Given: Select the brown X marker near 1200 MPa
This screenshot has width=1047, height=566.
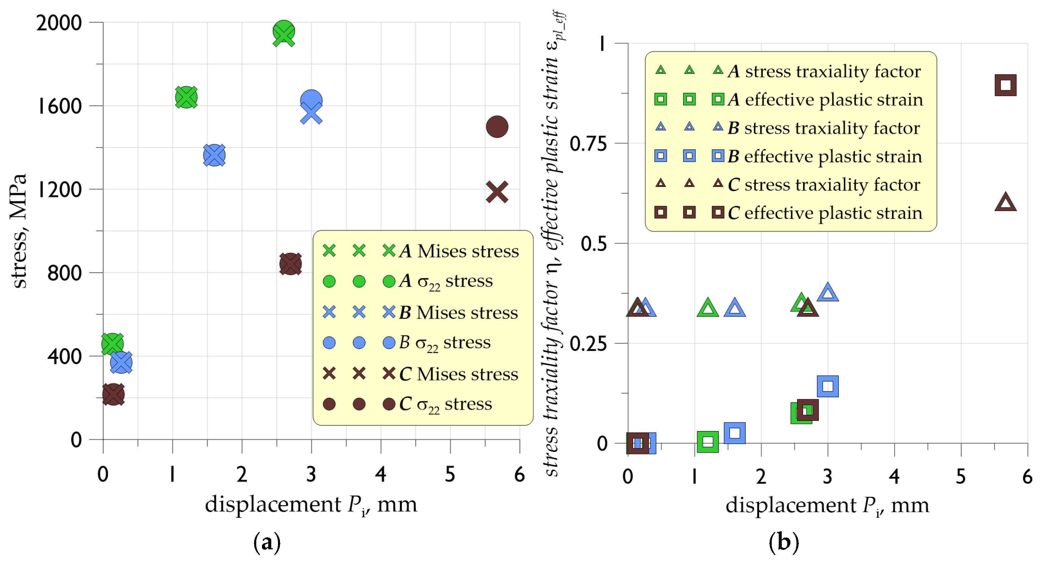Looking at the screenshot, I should [497, 192].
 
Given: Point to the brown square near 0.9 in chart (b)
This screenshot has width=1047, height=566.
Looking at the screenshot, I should [1005, 85].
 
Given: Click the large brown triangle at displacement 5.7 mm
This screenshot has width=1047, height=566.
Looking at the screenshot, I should [1005, 202].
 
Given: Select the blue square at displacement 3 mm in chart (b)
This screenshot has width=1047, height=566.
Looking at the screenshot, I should [828, 386].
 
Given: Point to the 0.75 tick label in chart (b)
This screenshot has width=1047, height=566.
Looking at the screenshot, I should [588, 144].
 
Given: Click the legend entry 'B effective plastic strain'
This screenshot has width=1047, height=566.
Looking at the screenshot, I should [824, 156].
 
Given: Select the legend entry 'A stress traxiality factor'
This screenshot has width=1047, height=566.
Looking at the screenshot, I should [824, 71].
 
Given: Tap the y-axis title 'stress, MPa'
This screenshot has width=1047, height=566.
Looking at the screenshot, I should [18, 231].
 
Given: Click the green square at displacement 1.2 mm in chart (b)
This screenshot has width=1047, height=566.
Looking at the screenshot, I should [707, 442].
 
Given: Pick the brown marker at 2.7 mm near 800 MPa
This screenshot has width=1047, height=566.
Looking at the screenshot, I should [290, 264].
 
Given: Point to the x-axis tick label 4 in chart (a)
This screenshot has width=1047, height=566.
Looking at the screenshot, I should [381, 474].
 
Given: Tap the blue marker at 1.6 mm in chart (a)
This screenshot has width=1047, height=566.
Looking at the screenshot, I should [214, 155].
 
